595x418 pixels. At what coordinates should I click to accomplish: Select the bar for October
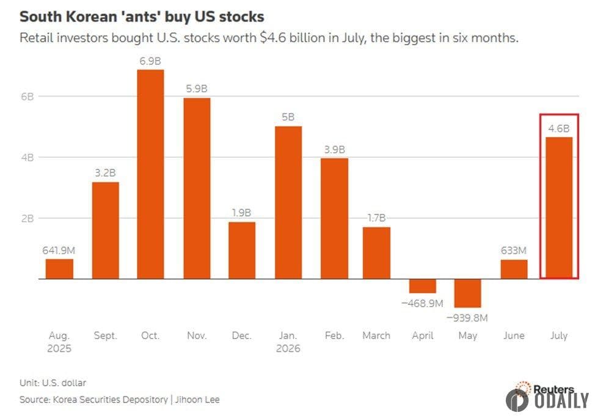(x=151, y=174)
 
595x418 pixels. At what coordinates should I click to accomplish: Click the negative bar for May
(x=467, y=293)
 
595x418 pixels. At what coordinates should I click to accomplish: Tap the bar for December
(x=242, y=251)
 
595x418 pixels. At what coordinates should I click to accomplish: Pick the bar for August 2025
(x=59, y=269)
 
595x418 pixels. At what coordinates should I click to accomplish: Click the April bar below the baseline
(x=422, y=286)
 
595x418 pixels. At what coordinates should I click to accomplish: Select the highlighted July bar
(x=559, y=208)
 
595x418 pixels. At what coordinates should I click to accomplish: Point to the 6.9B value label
(x=150, y=61)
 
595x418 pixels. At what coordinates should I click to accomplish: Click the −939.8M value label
(x=467, y=318)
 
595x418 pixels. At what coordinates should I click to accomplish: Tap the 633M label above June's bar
(x=513, y=251)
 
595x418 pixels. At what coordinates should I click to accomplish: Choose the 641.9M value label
(x=59, y=251)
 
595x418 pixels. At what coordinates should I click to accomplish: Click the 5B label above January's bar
(x=288, y=117)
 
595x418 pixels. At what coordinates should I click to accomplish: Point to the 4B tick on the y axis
(x=27, y=157)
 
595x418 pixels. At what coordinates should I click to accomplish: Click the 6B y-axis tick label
(x=27, y=97)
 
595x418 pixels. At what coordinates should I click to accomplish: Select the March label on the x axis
(x=376, y=335)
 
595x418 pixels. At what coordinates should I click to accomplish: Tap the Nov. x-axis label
(x=197, y=335)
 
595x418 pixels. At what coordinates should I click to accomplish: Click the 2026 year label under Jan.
(x=288, y=348)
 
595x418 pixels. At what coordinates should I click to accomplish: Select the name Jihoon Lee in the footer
(x=197, y=400)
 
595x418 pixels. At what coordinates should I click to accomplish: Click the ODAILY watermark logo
(x=547, y=400)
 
